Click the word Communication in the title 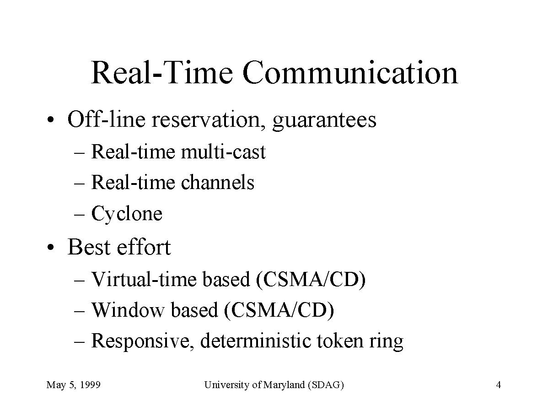click(350, 73)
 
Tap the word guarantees click(324, 121)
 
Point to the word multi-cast click(223, 152)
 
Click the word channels click(218, 182)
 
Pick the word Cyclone click(127, 214)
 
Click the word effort click(144, 247)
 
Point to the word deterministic click(256, 341)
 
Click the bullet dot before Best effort click(51, 248)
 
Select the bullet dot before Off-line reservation click(51, 120)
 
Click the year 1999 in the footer click(90, 385)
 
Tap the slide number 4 click(499, 385)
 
